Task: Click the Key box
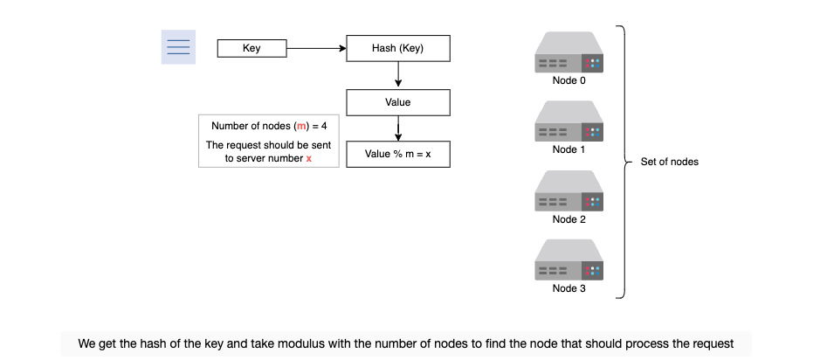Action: click(x=251, y=49)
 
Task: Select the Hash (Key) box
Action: click(x=397, y=49)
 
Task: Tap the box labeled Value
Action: click(x=397, y=102)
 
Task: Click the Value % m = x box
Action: click(x=397, y=154)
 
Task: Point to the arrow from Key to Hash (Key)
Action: click(x=316, y=49)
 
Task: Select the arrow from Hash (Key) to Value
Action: click(x=398, y=75)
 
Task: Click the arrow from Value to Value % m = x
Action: click(x=398, y=128)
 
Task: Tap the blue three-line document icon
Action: click(x=178, y=47)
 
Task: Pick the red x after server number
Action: click(x=309, y=159)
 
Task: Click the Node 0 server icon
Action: click(x=568, y=52)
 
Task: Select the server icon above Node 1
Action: click(x=568, y=121)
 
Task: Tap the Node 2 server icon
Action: click(x=568, y=190)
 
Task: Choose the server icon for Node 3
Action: click(x=568, y=260)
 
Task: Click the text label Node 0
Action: click(x=568, y=80)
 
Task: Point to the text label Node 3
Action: click(x=568, y=288)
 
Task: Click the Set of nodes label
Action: click(x=670, y=162)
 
